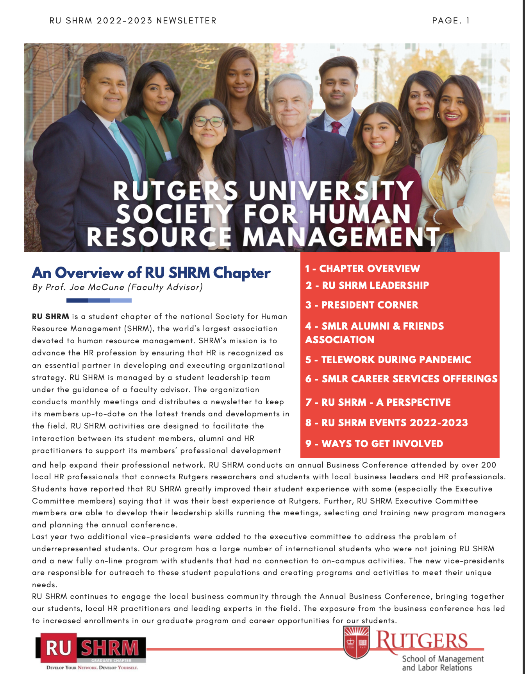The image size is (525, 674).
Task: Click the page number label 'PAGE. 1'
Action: tap(451, 21)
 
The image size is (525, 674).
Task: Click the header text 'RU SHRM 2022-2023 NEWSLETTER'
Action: tap(133, 21)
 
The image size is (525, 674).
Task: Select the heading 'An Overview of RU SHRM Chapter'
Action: tap(151, 272)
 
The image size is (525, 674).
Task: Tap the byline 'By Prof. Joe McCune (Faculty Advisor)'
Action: tap(118, 287)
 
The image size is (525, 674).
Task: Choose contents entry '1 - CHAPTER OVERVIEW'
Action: tap(362, 269)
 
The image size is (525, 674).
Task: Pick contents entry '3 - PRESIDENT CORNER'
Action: tap(362, 305)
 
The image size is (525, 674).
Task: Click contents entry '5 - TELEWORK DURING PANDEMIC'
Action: tap(388, 360)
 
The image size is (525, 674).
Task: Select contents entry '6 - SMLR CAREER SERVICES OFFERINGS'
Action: tap(401, 379)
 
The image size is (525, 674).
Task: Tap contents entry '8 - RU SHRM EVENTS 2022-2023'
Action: tap(387, 423)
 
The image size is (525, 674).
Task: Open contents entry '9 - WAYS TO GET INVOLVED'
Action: tap(374, 444)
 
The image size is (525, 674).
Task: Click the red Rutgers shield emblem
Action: tap(356, 642)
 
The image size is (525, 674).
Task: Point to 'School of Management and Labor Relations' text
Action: tap(443, 663)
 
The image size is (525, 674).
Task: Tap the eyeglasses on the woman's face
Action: tap(209, 122)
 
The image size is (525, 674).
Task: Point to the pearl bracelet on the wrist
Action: tap(437, 217)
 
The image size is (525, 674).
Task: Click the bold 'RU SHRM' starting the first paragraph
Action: tap(50, 316)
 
